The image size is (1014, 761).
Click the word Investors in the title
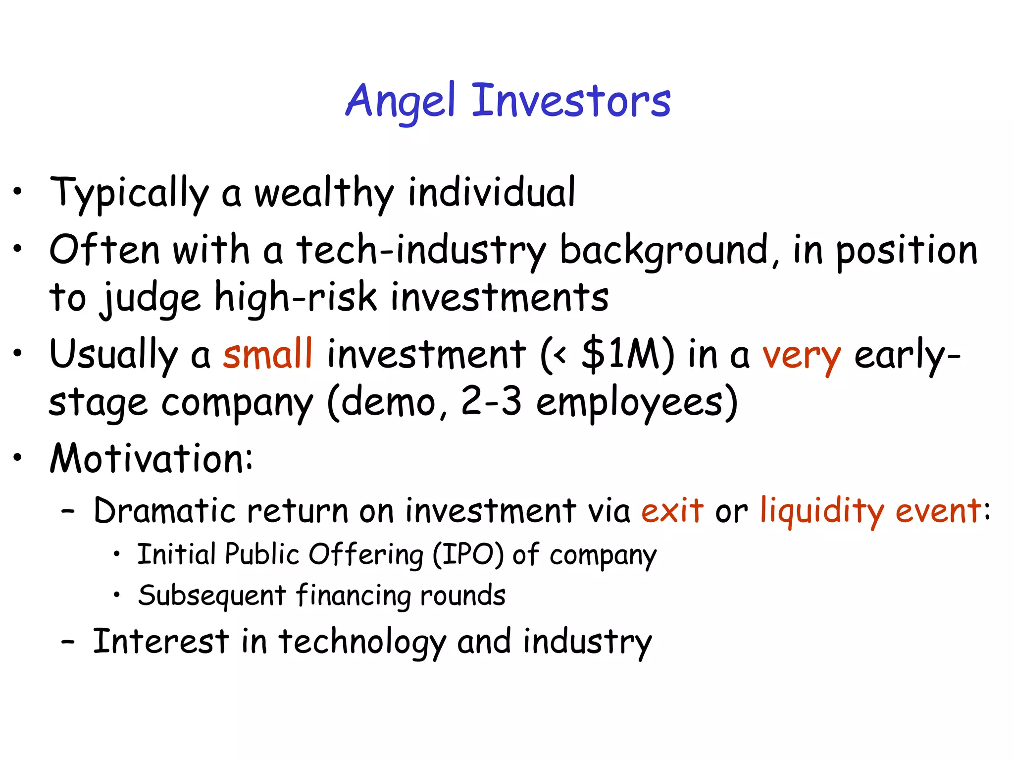571,102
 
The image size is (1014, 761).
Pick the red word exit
672,510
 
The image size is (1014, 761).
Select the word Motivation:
152,458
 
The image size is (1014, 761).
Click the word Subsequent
212,596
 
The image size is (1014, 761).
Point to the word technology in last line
362,642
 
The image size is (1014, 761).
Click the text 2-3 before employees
491,401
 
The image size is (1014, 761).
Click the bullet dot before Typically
18,191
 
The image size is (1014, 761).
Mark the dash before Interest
68,642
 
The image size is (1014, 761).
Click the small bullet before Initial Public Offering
116,555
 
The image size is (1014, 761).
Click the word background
664,250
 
